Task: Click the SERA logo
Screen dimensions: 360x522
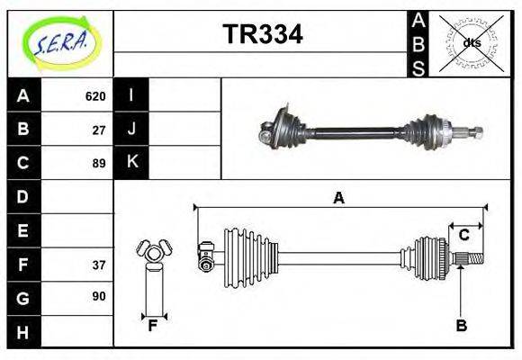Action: [x=58, y=42]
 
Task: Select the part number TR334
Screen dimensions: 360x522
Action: [x=262, y=35]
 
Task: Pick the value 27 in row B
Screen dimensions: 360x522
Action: [x=99, y=130]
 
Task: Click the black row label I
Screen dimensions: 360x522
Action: [x=131, y=95]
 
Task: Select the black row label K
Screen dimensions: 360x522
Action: [x=131, y=162]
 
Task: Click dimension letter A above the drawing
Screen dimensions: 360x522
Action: [x=338, y=198]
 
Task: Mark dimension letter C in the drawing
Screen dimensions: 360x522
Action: [x=463, y=235]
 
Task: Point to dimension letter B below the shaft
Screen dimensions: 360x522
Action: [x=461, y=326]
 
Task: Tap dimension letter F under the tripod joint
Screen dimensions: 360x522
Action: [x=153, y=326]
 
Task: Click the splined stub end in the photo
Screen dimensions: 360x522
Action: [x=472, y=134]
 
